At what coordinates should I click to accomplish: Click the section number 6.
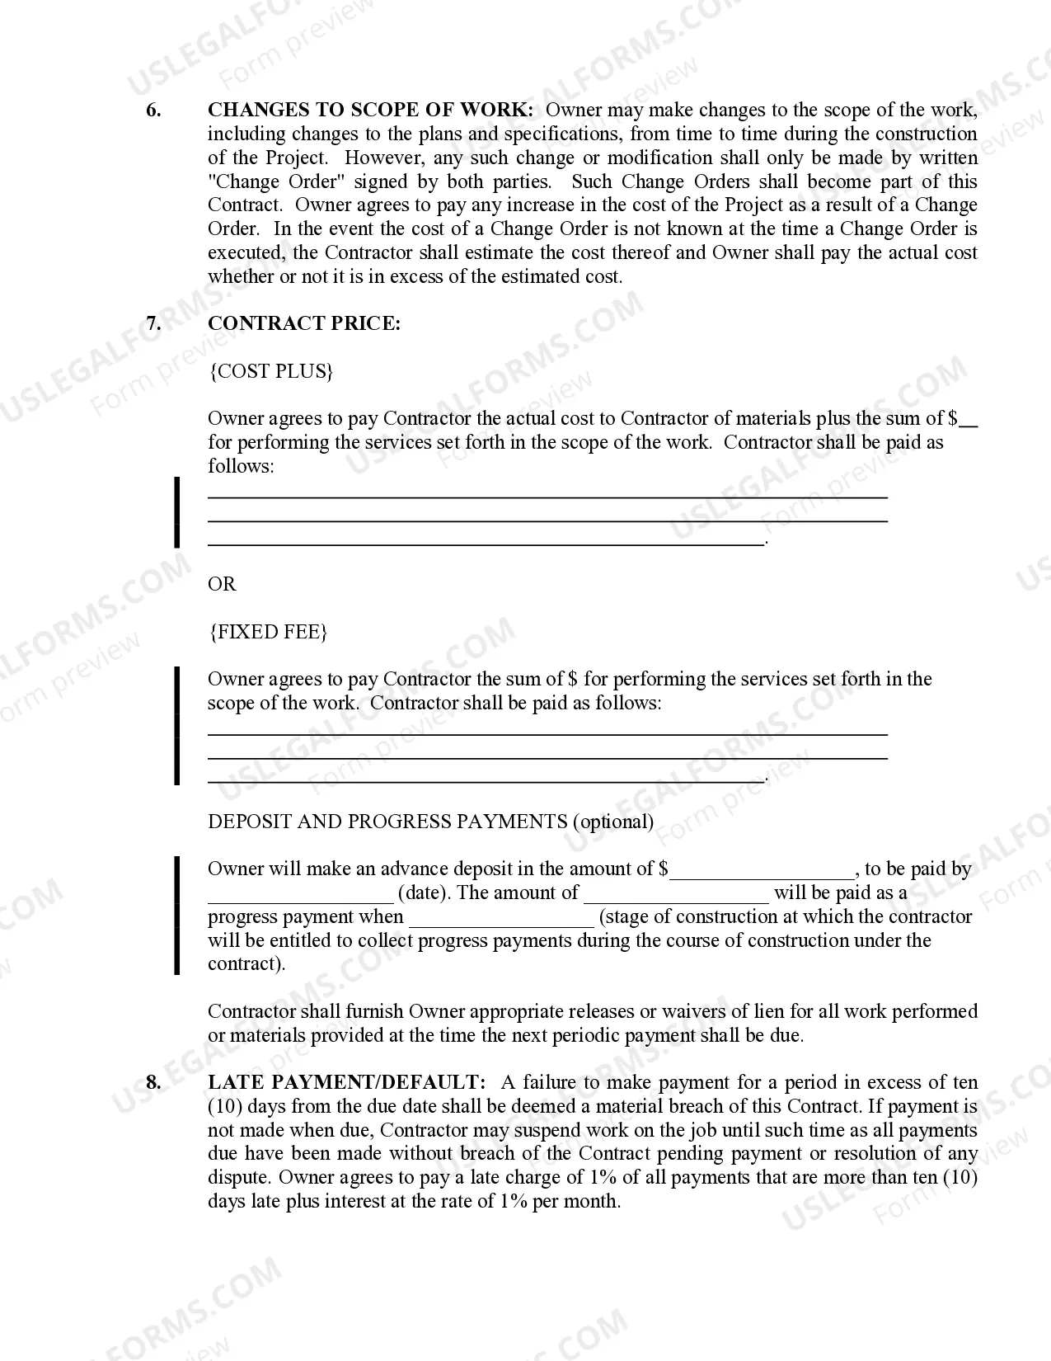(153, 111)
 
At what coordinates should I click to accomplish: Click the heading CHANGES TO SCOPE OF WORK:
(370, 111)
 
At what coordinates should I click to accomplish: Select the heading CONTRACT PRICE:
(303, 323)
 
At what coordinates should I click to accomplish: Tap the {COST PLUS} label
(270, 371)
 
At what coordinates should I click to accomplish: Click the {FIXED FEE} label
(268, 632)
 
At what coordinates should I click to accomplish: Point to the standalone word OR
(222, 584)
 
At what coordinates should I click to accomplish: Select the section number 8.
(153, 1082)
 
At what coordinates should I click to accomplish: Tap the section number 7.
(153, 323)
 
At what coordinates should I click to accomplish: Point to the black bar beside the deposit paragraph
(176, 916)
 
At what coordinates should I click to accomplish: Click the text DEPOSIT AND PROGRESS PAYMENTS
(387, 822)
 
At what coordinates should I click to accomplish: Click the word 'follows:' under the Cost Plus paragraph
(240, 466)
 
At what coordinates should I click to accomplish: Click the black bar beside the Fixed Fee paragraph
(176, 726)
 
